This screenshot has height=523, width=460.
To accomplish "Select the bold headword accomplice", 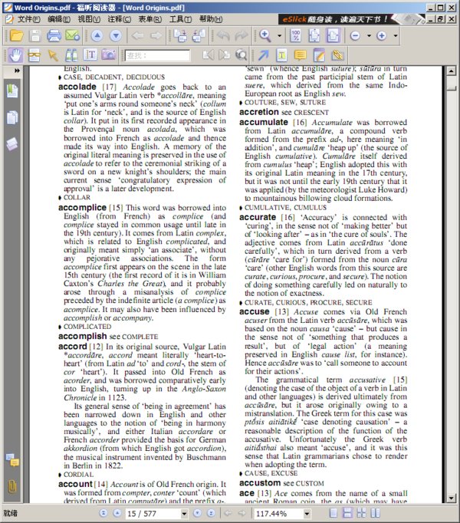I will click(83, 208).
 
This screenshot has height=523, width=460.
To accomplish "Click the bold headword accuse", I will click(255, 312).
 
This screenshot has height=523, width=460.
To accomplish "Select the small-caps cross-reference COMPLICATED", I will click(90, 327).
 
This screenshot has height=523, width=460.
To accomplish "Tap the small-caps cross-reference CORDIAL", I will click(79, 474).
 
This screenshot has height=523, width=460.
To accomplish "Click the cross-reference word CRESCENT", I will click(311, 112).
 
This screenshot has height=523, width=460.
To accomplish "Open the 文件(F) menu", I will click(29, 18).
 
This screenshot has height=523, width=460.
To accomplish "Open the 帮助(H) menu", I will click(210, 18).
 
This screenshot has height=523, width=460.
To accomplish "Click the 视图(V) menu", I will click(89, 18).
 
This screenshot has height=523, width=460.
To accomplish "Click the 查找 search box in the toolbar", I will click(156, 55).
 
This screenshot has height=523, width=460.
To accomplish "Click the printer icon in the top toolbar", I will click(54, 36).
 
